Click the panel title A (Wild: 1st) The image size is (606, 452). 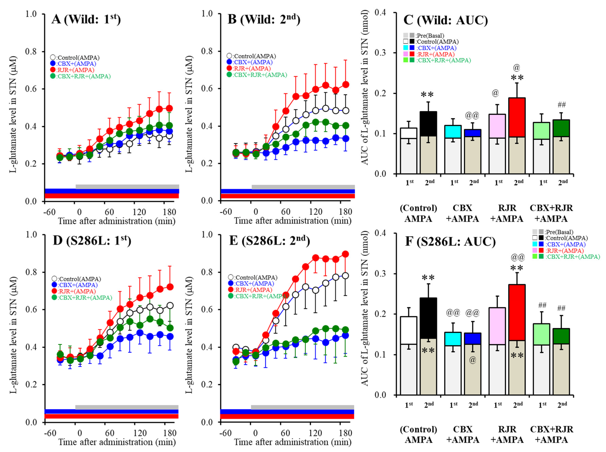click(x=86, y=20)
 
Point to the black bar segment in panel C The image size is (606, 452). click(x=428, y=124)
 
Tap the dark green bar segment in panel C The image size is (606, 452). click(x=561, y=128)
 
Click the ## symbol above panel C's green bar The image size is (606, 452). click(x=562, y=105)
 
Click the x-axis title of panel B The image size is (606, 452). click(x=292, y=220)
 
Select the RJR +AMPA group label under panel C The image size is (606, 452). click(x=507, y=213)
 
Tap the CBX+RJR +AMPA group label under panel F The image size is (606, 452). click(x=551, y=434)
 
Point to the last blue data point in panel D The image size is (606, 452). click(x=170, y=336)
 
